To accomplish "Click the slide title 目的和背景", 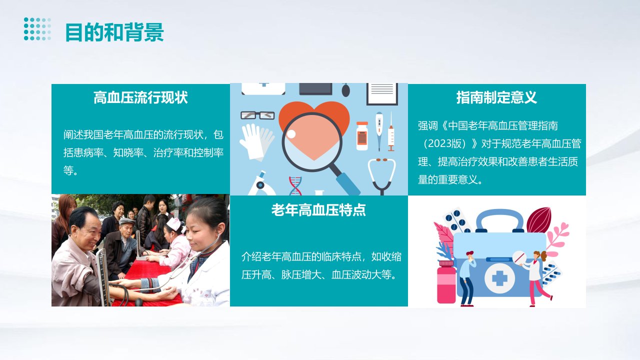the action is point(114,32).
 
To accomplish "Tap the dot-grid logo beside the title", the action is point(37,29).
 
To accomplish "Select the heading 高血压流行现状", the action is point(140,97).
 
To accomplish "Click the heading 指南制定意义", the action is point(496,97).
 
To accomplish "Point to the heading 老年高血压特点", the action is point(318,210).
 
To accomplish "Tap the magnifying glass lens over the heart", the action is point(312,142).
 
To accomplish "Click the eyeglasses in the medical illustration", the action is point(257,115).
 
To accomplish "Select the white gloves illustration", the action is point(256,141).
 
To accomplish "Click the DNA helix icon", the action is point(295,185).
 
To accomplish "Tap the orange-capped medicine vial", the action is point(362,136).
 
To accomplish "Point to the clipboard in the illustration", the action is point(382,94).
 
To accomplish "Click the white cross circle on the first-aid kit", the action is point(499,278).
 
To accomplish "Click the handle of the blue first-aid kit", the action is point(499,220).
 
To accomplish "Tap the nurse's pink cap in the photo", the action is point(173,223).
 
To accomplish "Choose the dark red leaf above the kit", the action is point(538,220).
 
